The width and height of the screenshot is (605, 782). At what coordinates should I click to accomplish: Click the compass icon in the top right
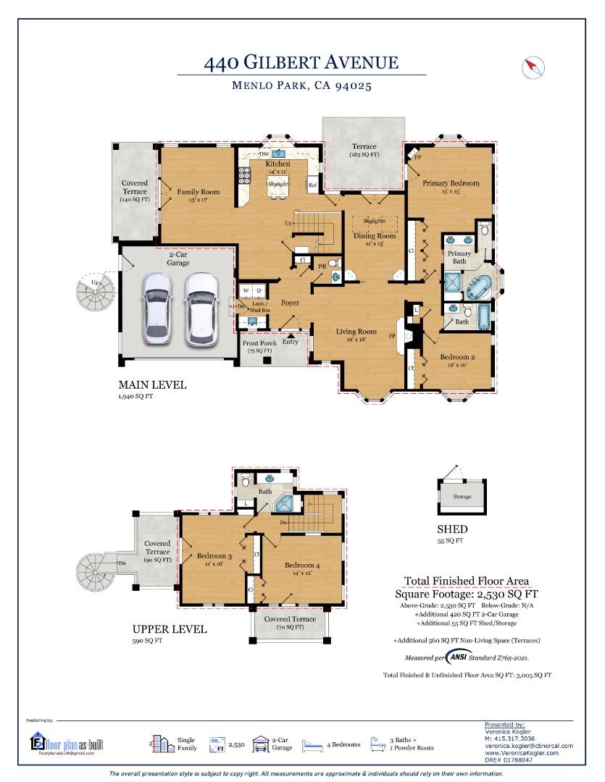[x=533, y=68]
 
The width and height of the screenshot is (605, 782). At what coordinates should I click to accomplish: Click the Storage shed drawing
[x=462, y=496]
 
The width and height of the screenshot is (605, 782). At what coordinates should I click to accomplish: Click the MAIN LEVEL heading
[x=152, y=385]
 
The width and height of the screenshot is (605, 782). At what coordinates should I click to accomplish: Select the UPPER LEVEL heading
[x=169, y=629]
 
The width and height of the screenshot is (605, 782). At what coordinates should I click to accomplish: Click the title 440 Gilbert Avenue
[x=301, y=62]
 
